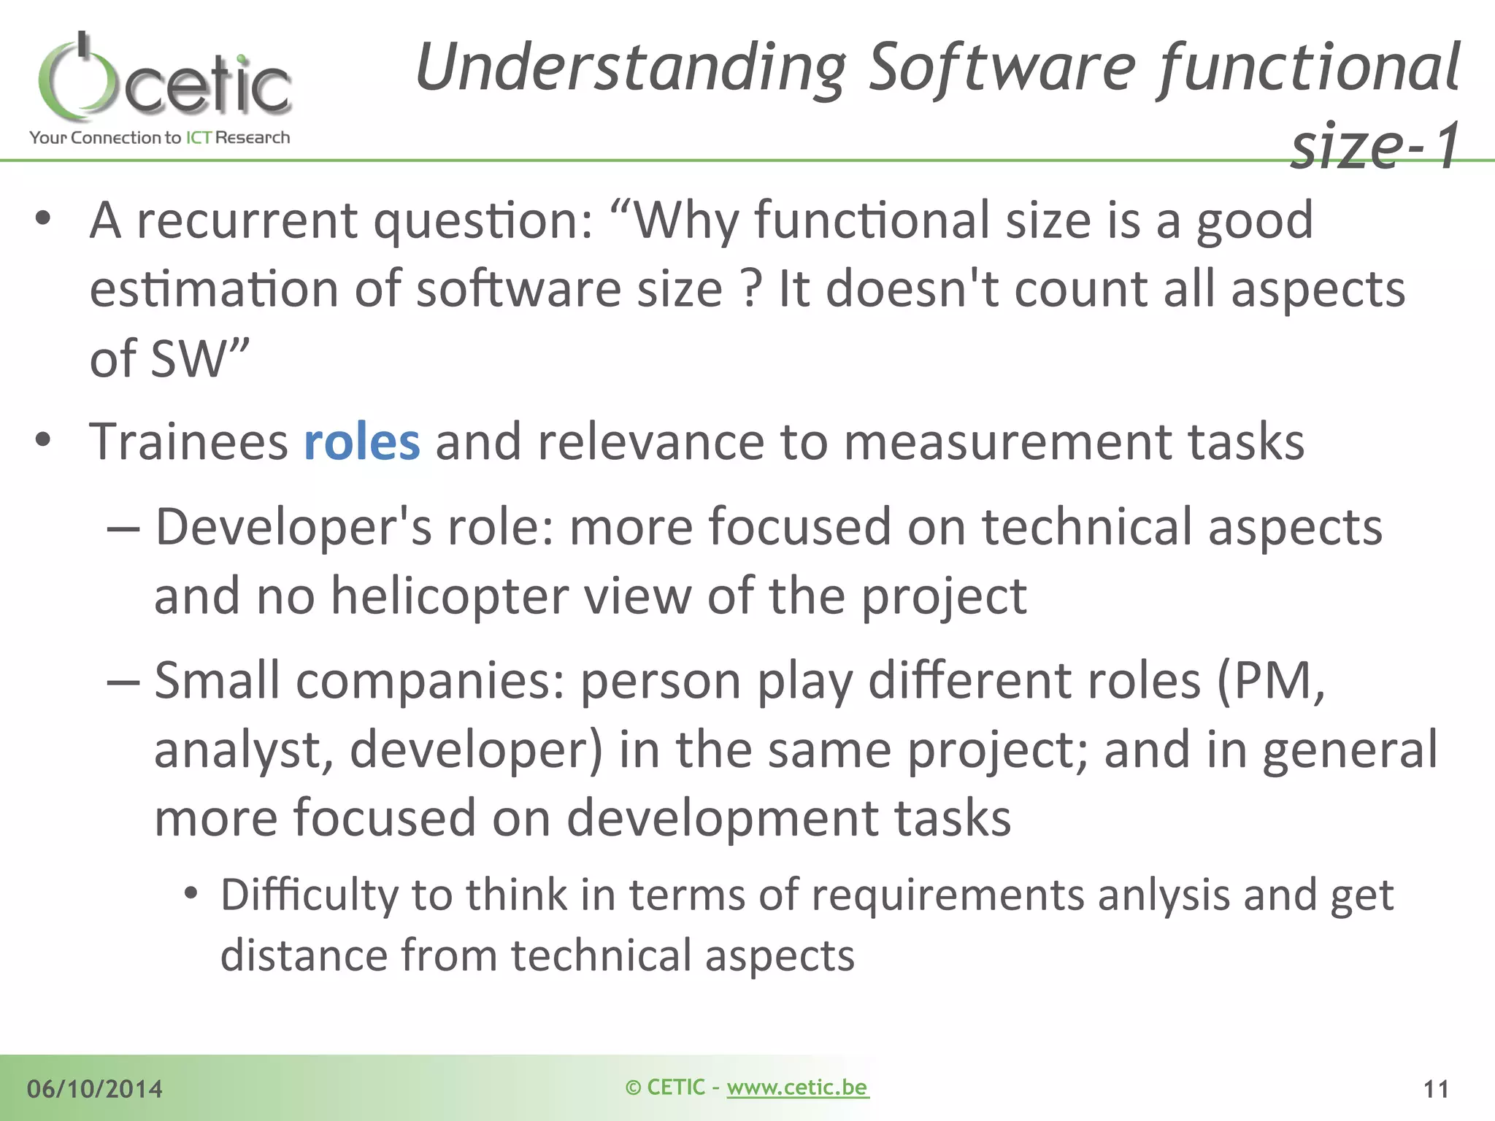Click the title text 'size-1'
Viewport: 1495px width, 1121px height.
click(x=1375, y=146)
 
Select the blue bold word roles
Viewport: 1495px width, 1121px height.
click(x=361, y=442)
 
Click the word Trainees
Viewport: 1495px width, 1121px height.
click(x=188, y=442)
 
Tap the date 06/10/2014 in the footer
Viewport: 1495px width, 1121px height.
click(x=95, y=1089)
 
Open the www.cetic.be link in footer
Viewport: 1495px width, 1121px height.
click(x=797, y=1087)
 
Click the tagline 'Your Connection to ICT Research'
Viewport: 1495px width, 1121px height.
click(x=159, y=137)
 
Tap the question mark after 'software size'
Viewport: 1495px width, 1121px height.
click(x=750, y=290)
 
